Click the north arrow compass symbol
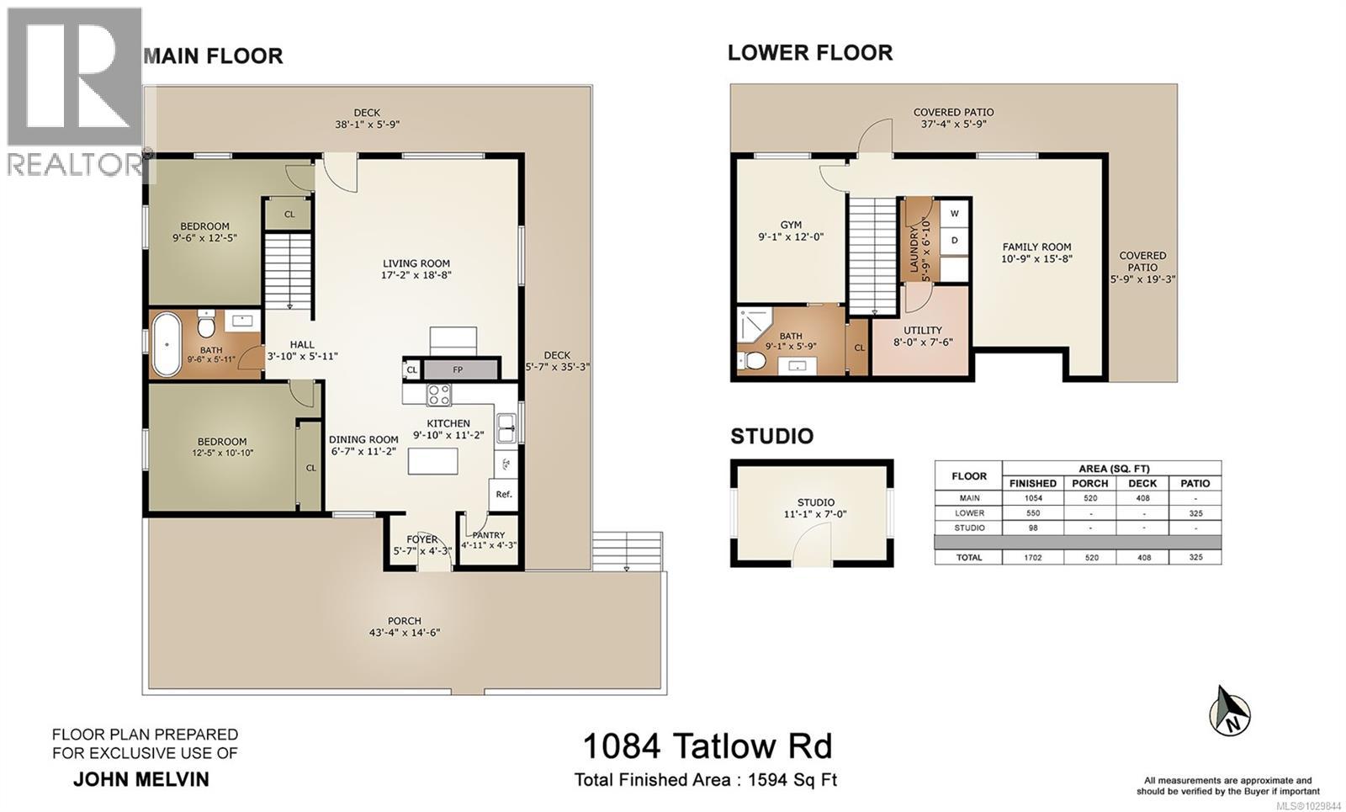(1231, 712)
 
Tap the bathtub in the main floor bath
(167, 344)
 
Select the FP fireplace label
(458, 369)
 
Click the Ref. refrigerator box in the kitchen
(504, 494)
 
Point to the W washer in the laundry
(955, 214)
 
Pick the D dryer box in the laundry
(955, 240)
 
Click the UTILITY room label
(923, 330)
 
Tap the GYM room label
(791, 225)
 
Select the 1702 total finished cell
(1032, 557)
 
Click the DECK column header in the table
(1142, 483)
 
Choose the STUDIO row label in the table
(969, 528)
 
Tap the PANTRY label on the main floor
(488, 535)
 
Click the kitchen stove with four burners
(439, 394)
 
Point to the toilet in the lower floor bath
(755, 361)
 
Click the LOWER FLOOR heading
(809, 53)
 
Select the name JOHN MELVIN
(141, 779)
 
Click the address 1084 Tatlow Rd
(707, 746)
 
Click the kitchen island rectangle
(433, 461)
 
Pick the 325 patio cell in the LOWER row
(1195, 512)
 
